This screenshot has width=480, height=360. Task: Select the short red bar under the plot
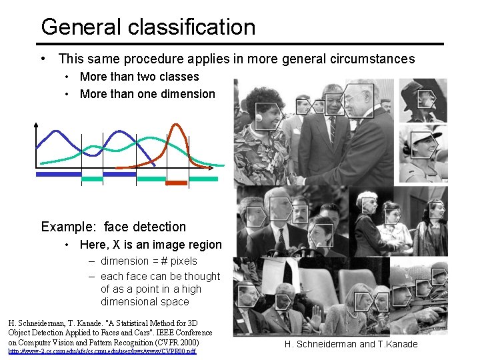point(177,182)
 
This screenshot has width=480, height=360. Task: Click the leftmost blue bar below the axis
point(58,174)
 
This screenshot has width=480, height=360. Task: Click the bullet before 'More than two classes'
point(69,77)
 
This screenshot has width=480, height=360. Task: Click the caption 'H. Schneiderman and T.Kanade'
point(351,344)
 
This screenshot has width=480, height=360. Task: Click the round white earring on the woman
point(259,119)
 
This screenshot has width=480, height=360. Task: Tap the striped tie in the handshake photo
point(332,131)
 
